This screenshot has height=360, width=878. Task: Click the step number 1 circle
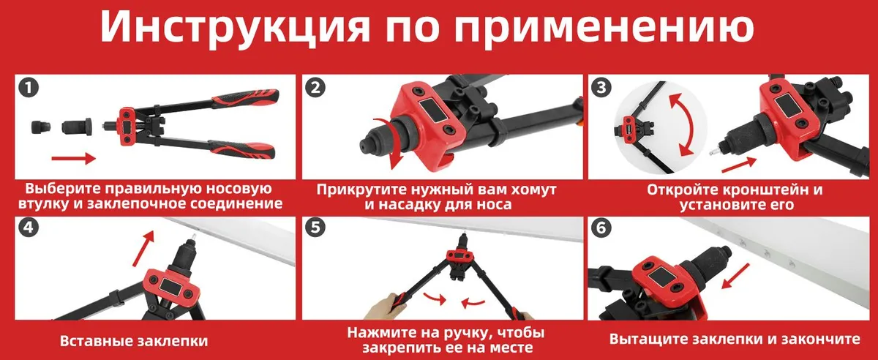29,88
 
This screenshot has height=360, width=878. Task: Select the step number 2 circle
315,88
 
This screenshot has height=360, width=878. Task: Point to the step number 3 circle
601,88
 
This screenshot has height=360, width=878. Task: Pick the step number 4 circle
29,228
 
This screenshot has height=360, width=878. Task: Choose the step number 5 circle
315,228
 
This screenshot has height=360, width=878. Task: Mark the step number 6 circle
601,228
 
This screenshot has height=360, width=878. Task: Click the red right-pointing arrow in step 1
74,159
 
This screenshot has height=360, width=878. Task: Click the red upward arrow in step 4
143,248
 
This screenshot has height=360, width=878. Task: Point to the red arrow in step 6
735,277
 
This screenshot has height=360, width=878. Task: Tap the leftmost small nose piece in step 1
41,127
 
